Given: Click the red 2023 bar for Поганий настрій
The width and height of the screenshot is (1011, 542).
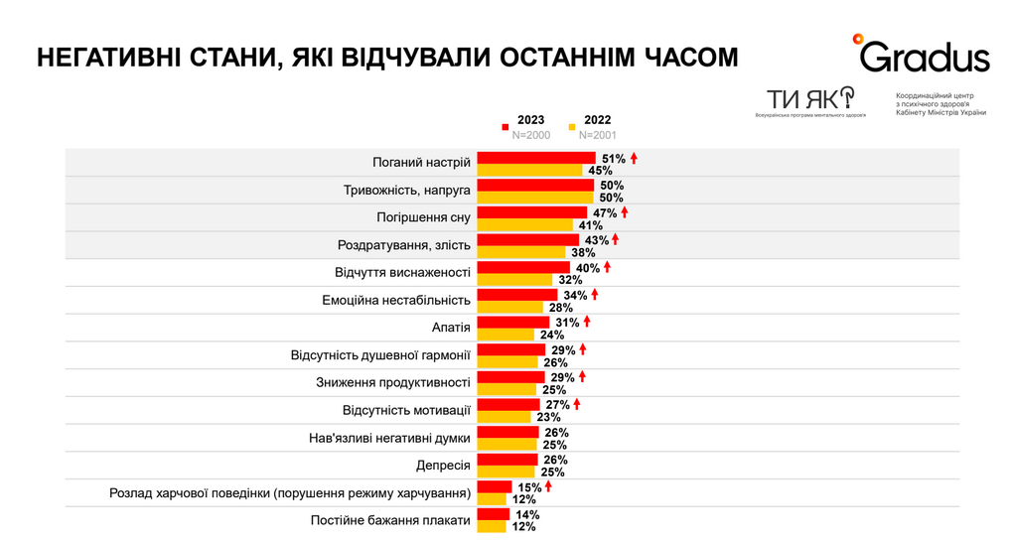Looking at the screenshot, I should pos(535,158).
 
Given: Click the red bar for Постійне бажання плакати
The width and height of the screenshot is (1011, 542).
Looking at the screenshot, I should pos(494,514).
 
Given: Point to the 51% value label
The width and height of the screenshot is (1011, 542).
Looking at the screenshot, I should pos(613,158).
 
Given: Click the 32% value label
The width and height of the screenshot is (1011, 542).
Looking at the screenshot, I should pos(570,280).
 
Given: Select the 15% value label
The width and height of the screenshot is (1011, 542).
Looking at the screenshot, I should pos(529,487).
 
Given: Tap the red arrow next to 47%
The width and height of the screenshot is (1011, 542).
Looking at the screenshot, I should pos(625,212).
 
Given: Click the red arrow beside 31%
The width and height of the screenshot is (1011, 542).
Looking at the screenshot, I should pos(587,322).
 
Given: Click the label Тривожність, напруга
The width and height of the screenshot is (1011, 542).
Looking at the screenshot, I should pos(407,190).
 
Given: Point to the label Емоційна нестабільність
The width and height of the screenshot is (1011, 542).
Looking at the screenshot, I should pos(396,300).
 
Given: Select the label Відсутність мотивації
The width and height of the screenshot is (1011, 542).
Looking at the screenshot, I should pos(406,410).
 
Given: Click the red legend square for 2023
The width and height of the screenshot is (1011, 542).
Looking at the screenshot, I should pos(505,127).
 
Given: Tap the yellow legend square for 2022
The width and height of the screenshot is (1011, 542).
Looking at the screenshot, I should pos(572,127).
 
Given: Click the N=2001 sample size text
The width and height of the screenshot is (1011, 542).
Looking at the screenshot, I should pos(598,135).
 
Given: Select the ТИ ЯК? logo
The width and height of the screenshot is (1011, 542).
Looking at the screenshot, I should pos(809,98).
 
